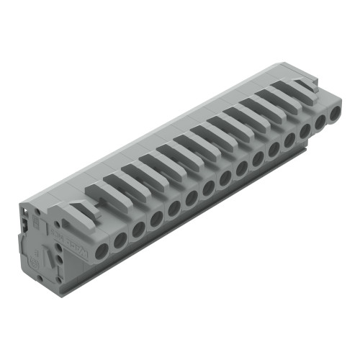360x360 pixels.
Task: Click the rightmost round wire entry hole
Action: (x=336, y=112)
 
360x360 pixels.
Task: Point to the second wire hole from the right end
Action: (x=320, y=121)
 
